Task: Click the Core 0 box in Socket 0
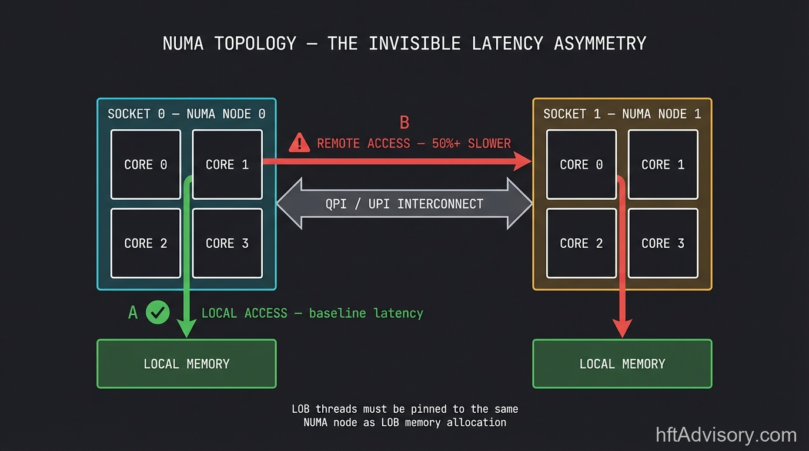point(146,164)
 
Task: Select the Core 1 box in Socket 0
point(228,164)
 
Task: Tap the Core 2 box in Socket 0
point(146,243)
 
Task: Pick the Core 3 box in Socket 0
point(228,243)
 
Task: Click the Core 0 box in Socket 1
point(581,164)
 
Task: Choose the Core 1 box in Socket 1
point(663,164)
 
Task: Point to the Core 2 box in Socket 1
point(581,243)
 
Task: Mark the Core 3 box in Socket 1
point(663,243)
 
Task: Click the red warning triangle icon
point(299,143)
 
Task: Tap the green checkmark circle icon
point(158,313)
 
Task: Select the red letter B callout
point(404,122)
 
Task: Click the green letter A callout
point(133,313)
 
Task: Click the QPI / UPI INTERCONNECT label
point(404,204)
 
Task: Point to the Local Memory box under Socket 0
point(186,364)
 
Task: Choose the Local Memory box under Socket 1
point(622,364)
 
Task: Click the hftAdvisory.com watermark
point(726,435)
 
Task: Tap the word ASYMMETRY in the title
point(600,43)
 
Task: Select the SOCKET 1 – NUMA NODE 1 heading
point(622,114)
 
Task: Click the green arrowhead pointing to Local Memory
point(186,328)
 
